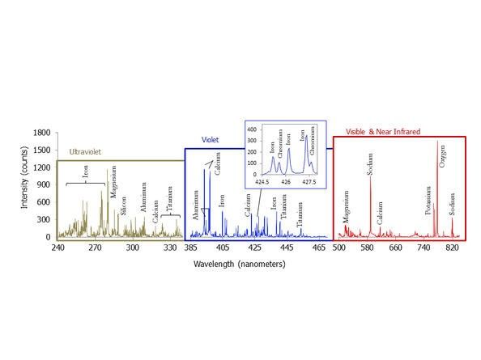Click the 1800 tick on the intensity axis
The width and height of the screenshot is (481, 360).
point(40,132)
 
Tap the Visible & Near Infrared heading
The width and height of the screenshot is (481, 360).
point(378,129)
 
